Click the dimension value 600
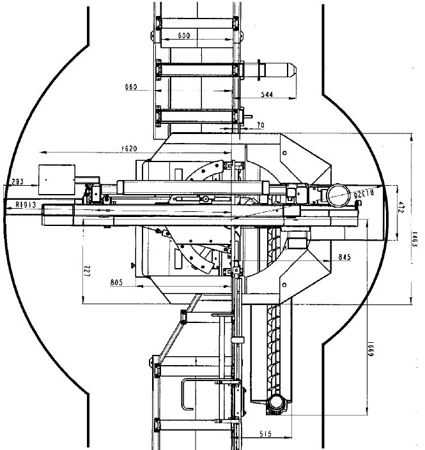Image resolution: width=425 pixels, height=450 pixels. (x=184, y=36)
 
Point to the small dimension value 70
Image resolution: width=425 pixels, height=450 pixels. (x=261, y=125)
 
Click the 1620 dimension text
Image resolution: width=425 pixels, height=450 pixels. (x=129, y=149)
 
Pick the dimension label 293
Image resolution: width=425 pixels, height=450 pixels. (x=17, y=182)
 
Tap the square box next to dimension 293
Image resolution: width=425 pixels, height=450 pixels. (x=56, y=179)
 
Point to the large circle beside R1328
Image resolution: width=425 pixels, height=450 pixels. (x=338, y=194)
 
